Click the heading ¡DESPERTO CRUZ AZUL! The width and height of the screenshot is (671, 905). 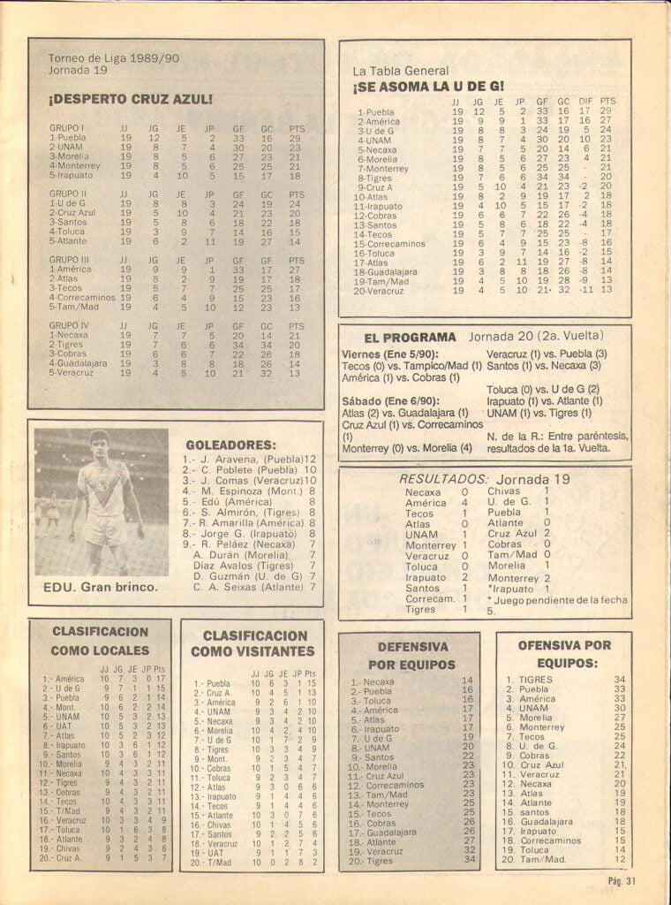(x=131, y=100)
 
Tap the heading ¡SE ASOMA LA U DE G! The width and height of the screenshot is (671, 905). (x=428, y=87)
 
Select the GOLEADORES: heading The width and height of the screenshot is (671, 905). (x=230, y=445)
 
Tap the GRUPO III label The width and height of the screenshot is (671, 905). (x=67, y=261)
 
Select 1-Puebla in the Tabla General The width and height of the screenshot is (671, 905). (x=375, y=112)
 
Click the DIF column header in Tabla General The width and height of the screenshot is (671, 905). (x=584, y=101)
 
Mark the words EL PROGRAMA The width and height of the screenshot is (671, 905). (x=410, y=338)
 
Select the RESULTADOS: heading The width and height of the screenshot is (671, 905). (x=441, y=479)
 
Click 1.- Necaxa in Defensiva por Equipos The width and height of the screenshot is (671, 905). (x=372, y=681)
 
